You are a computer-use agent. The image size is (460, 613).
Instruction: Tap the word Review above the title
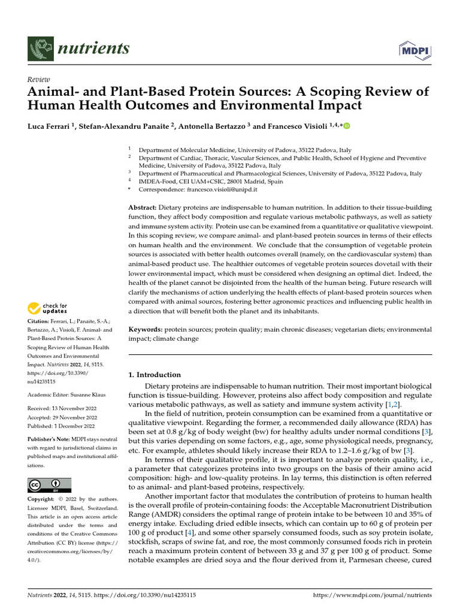click(39, 80)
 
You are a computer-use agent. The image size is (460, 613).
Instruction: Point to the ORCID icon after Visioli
click(346, 126)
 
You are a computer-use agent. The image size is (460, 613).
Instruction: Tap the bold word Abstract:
click(143, 207)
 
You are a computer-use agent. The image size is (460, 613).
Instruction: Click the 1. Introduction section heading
click(155, 375)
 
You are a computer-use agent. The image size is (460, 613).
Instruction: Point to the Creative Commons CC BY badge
click(49, 485)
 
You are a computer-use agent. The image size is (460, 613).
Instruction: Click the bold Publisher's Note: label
click(49, 438)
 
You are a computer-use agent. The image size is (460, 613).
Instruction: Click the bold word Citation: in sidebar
click(41, 321)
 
